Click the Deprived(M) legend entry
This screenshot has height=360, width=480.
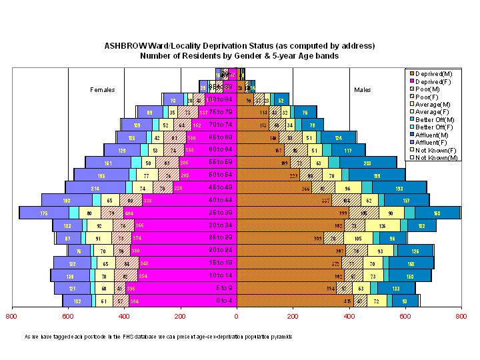[431, 73]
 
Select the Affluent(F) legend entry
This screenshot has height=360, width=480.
[431, 142]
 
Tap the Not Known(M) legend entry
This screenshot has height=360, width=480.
[432, 158]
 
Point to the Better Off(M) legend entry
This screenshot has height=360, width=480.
[433, 119]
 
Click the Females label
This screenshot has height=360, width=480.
[103, 90]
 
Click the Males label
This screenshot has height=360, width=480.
[363, 90]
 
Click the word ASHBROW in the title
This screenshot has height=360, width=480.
[124, 46]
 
